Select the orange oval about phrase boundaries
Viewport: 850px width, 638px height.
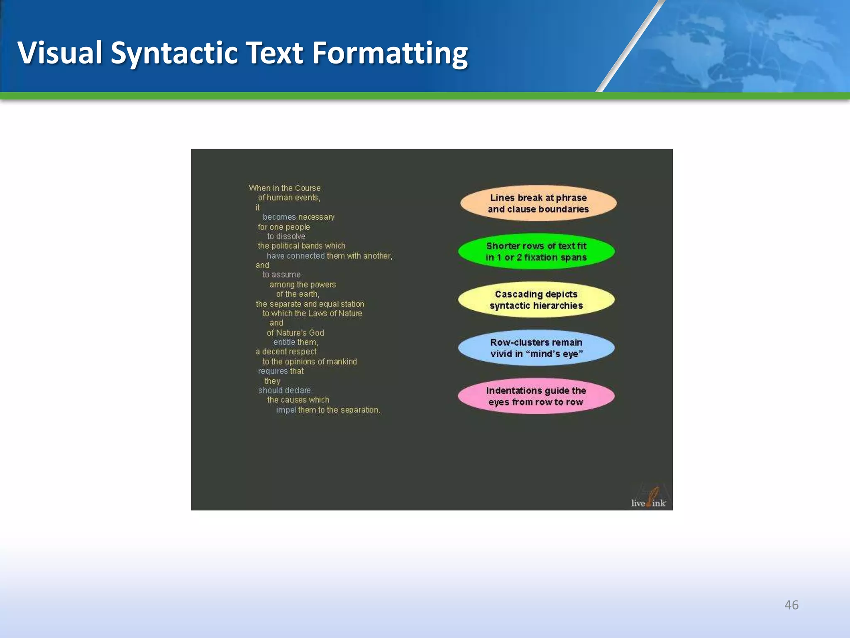point(538,203)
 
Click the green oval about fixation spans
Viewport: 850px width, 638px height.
point(536,251)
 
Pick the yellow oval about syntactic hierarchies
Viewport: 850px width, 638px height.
point(536,299)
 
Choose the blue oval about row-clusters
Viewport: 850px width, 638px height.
point(536,348)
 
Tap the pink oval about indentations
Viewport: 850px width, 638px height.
point(536,396)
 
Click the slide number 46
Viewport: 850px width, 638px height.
point(791,605)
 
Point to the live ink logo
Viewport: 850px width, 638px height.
point(649,498)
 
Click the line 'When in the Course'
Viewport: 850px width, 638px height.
point(285,188)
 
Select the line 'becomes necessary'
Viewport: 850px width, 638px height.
point(298,217)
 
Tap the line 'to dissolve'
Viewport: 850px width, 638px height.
point(286,236)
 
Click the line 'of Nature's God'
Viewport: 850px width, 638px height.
point(296,333)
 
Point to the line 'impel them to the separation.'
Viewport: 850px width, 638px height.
point(328,410)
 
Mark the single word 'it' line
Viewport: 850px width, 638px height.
point(257,207)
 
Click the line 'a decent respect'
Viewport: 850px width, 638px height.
point(286,352)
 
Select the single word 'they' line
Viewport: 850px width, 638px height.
point(272,381)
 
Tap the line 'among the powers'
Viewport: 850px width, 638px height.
point(303,285)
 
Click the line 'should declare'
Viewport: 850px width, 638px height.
point(284,390)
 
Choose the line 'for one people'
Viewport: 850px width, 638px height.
point(284,227)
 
